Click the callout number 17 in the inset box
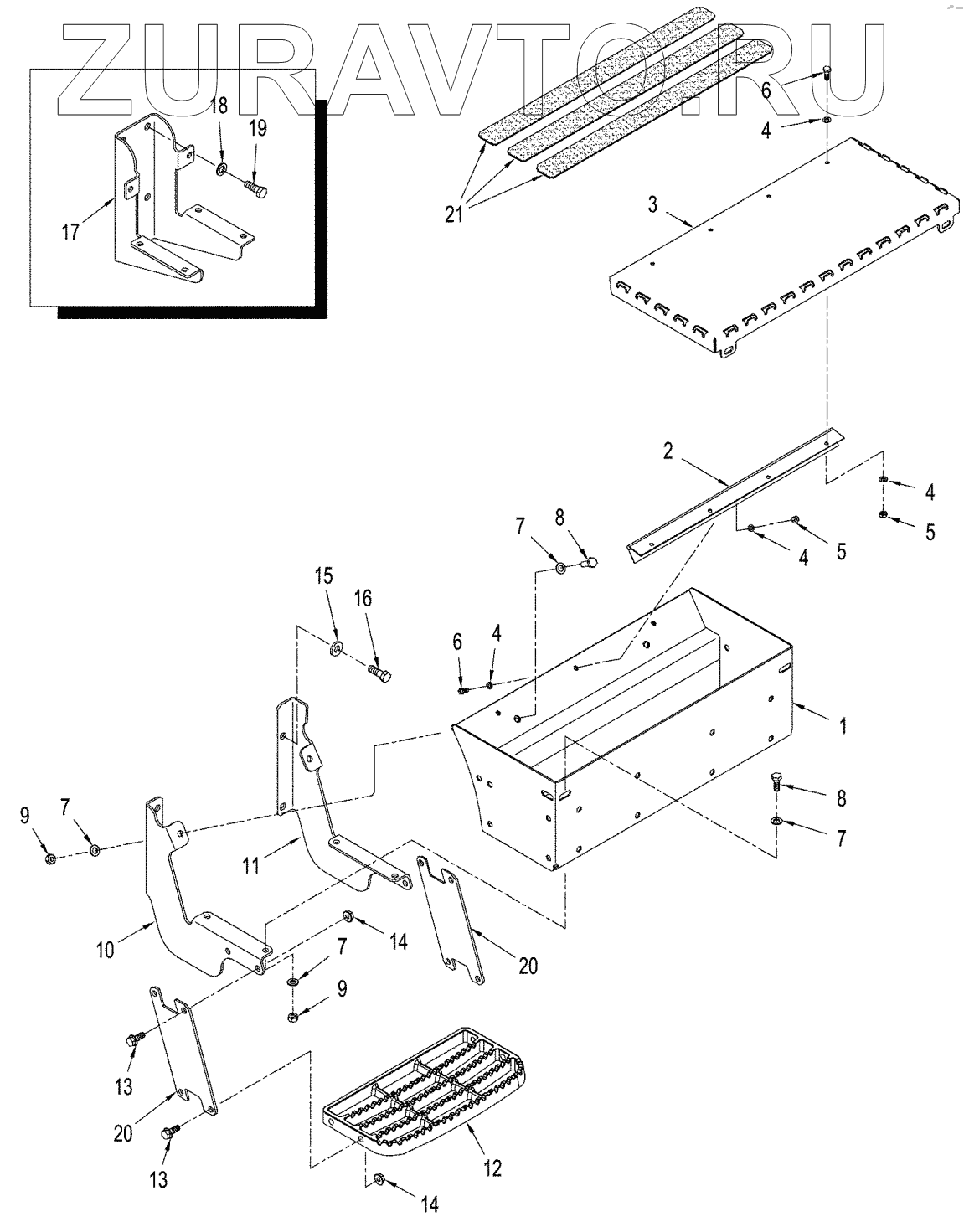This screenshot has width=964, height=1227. [x=70, y=231]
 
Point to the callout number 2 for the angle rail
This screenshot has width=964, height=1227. [x=668, y=452]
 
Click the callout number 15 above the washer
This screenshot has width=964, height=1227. [x=324, y=576]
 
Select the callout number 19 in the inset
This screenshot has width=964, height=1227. [x=257, y=128]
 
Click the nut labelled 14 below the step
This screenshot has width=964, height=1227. [x=379, y=1181]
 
